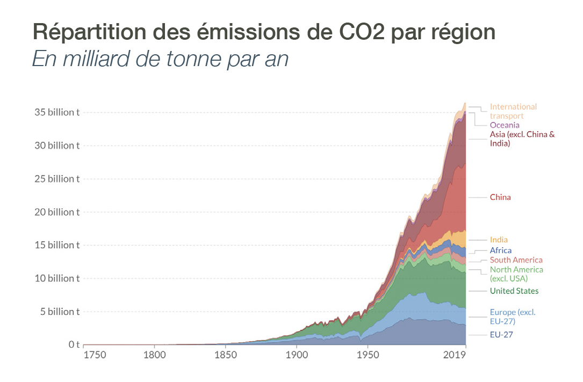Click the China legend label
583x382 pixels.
pos(500,197)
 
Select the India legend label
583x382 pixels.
pos(499,240)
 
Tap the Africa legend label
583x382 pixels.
pos(501,250)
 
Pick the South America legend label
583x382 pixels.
pos(516,260)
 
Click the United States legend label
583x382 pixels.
pos(514,291)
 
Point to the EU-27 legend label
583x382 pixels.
pos(501,335)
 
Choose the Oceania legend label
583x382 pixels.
pos(505,125)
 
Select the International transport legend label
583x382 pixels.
pos(513,111)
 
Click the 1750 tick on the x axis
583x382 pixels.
pos(95,355)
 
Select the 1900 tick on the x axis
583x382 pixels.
pos(296,355)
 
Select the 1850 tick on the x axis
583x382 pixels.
pos(225,355)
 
